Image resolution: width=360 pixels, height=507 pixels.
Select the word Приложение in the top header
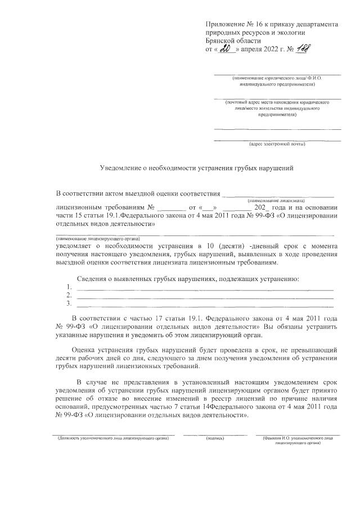click(224, 25)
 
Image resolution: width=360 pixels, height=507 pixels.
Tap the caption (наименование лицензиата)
click(276, 200)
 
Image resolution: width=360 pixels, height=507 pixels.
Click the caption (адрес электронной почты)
click(277, 144)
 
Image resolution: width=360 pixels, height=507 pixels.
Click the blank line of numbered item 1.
click(205, 288)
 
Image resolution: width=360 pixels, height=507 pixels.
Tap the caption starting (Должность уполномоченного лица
click(114, 437)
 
